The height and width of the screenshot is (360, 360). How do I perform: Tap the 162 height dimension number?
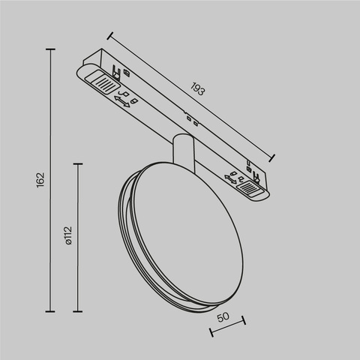pos(41,180)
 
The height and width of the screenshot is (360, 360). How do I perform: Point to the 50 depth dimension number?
pos(224,317)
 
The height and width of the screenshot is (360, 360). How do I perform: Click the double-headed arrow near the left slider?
pos(121,102)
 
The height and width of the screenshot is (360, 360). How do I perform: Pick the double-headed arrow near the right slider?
pos(230,177)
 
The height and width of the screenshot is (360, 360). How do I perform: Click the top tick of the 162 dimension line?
pos(51,49)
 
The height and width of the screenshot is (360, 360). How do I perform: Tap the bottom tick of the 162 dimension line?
pos(51,310)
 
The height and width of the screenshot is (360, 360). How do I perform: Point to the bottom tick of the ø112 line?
pos(79,310)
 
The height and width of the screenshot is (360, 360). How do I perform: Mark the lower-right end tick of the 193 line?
pos(272,157)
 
